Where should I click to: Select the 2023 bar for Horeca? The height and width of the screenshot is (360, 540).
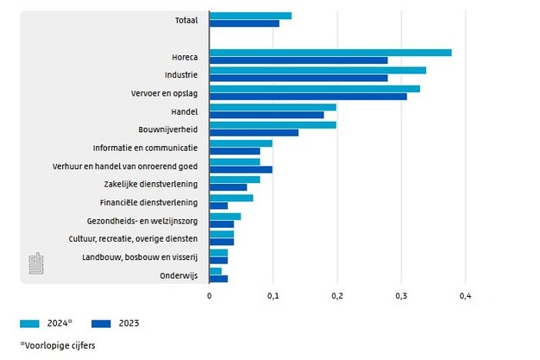point(298,60)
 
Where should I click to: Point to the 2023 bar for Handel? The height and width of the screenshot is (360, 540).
point(267,115)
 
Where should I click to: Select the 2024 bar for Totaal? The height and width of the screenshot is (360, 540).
point(250,16)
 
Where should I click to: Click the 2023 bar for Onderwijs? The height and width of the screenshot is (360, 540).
point(218,279)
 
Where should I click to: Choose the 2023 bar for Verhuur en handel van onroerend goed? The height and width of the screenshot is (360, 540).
point(241,169)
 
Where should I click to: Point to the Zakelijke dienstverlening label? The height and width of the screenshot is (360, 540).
point(151,184)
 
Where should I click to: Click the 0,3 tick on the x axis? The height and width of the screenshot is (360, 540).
point(401,296)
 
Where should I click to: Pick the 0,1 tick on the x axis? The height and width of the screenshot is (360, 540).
point(273,296)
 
